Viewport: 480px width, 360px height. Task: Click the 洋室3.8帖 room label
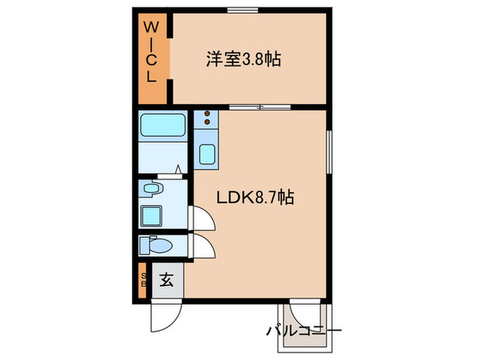243,59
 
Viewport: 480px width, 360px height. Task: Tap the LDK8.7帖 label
255,198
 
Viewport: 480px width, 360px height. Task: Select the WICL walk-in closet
153,60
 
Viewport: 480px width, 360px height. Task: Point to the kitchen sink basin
206,154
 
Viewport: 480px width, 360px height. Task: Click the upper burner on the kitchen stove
206,116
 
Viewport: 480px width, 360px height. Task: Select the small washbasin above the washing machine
152,188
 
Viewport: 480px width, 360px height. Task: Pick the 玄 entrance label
166,280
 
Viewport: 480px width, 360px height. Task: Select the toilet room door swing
202,245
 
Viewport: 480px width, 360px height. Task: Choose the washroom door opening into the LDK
202,219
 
